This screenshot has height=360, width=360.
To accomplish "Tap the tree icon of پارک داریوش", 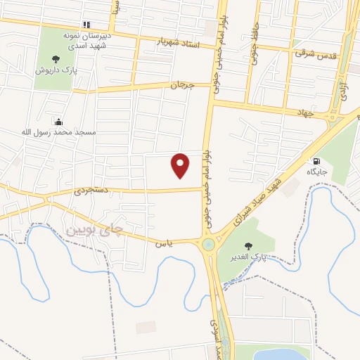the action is tap(56, 59).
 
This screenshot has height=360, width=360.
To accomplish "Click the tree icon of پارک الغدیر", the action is tap(247, 245).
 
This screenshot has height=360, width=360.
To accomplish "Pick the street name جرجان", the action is tap(181, 85).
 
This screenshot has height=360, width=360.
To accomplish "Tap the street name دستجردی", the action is tap(91, 191).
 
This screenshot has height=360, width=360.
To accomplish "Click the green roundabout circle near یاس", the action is tap(209, 245).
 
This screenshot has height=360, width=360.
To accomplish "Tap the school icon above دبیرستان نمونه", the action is tap(86, 24).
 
